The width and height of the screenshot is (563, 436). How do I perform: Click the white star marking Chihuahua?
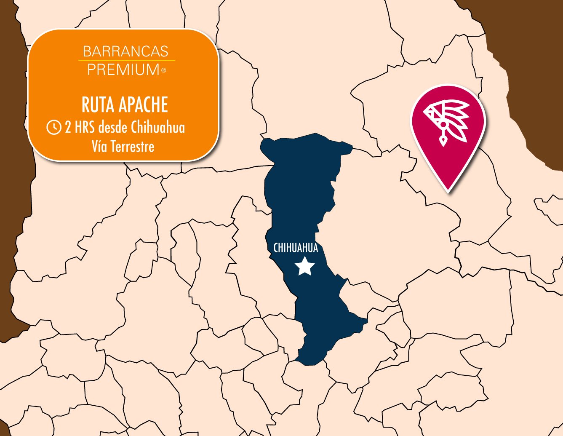(x=304, y=266)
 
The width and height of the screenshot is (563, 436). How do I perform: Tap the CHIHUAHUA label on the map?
(x=296, y=248)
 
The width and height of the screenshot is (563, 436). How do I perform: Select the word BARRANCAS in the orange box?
(x=125, y=51)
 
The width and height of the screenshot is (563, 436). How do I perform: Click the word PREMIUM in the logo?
(x=123, y=70)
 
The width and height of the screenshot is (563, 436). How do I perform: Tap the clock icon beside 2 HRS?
(x=54, y=127)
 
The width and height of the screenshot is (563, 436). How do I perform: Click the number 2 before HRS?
(x=68, y=127)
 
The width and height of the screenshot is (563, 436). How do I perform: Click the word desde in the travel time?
(x=112, y=127)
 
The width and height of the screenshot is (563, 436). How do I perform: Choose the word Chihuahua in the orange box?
(x=157, y=127)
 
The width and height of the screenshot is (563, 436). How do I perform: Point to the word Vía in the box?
(x=99, y=147)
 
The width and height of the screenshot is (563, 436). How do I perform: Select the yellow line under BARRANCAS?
(x=126, y=61)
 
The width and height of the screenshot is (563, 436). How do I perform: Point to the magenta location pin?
(x=448, y=131)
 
